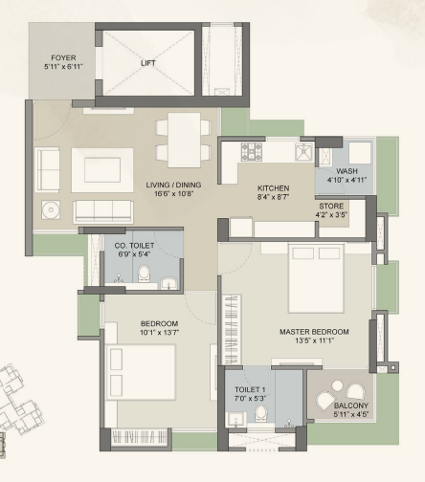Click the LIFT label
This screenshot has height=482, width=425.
(148, 63)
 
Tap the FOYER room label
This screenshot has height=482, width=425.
(63, 57)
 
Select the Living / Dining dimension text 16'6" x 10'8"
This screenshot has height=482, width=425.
(174, 193)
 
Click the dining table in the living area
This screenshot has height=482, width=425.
(185, 140)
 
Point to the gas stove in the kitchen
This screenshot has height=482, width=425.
(252, 151)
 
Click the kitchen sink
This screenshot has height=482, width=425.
(304, 152)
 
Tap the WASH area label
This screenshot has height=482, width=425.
(347, 171)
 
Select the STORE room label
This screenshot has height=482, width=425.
(331, 206)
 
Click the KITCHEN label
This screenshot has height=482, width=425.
(274, 188)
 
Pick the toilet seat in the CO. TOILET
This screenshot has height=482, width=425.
(144, 274)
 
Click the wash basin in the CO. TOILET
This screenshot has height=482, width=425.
(169, 283)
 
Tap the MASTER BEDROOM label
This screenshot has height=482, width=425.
(314, 332)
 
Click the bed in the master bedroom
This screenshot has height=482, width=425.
(316, 278)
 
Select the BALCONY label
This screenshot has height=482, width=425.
(351, 405)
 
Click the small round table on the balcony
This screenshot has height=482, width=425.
(337, 385)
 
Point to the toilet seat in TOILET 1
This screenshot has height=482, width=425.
(261, 413)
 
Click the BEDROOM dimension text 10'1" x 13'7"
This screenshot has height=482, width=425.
(159, 333)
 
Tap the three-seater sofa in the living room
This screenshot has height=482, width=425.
(103, 211)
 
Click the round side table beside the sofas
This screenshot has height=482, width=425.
(51, 209)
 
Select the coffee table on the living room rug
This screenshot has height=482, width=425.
(102, 170)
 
